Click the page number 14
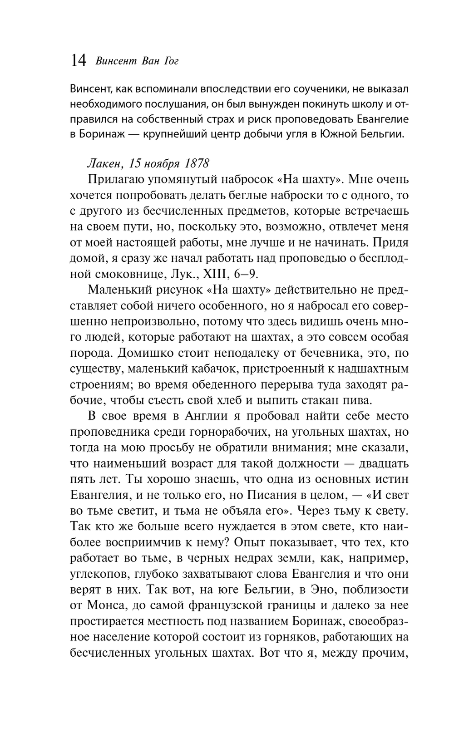click(x=79, y=60)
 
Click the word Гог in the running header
click(x=171, y=61)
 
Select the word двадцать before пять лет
click(x=383, y=463)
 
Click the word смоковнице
click(x=123, y=274)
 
